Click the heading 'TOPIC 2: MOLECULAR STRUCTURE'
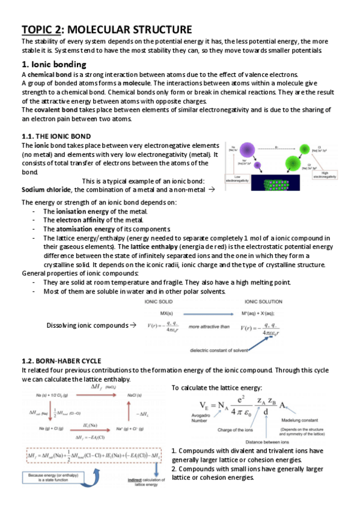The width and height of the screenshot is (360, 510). tap(107, 29)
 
